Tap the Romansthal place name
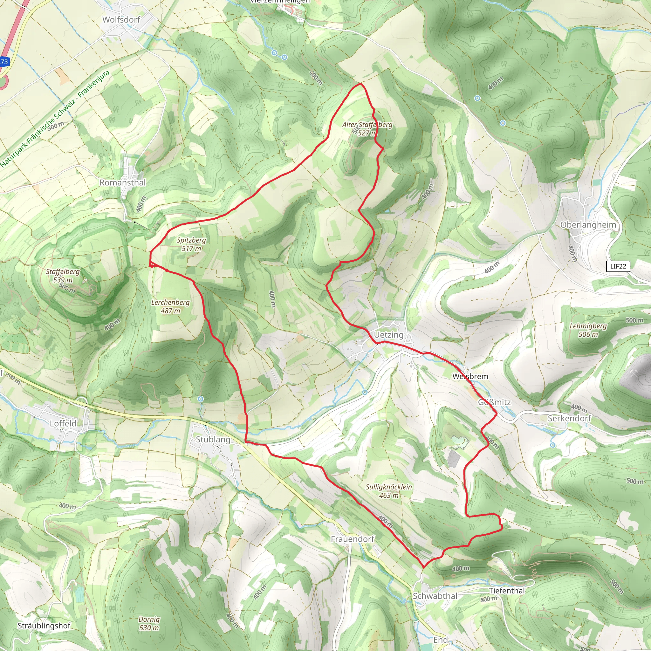click(x=123, y=183)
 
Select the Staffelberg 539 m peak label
click(x=63, y=276)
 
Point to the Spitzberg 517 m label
click(x=191, y=244)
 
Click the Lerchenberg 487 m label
click(x=170, y=307)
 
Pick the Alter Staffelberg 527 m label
click(x=367, y=129)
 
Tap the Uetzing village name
click(x=388, y=335)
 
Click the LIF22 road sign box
click(x=618, y=266)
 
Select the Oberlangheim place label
click(x=588, y=225)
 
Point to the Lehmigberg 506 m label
click(x=588, y=330)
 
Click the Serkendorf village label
click(x=569, y=418)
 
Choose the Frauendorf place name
click(x=353, y=539)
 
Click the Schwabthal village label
click(x=435, y=596)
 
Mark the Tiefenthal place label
click(x=507, y=591)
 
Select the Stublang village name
click(x=213, y=439)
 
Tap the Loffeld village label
click(x=63, y=423)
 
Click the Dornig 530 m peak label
click(x=149, y=623)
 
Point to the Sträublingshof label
click(x=44, y=626)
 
